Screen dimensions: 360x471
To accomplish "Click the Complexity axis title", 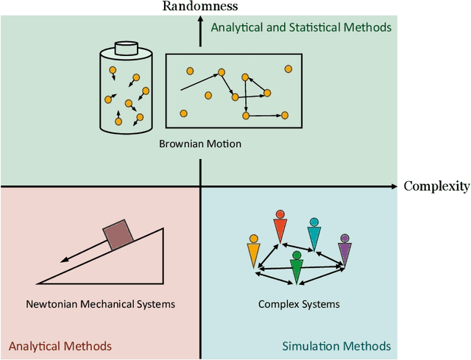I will tap(436, 186).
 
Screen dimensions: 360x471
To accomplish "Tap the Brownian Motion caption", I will tap(200, 144).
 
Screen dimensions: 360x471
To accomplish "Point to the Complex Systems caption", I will tap(300, 303).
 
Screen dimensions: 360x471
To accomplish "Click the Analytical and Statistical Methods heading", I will tap(301, 28).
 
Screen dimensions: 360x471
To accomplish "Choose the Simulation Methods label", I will tap(336, 346).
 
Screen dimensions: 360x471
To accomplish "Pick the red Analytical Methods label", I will tap(60, 346).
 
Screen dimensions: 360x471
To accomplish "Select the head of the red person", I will tap(280, 215).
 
